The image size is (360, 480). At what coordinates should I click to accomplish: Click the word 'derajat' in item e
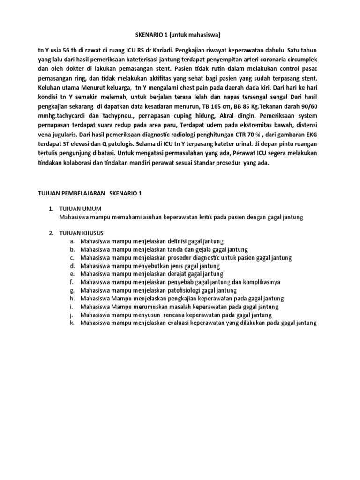pyautogui.click(x=176, y=274)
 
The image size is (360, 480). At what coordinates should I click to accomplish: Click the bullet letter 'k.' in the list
pyautogui.click(x=72, y=323)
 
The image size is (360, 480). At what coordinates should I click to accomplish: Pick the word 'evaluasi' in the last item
pyautogui.click(x=179, y=323)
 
